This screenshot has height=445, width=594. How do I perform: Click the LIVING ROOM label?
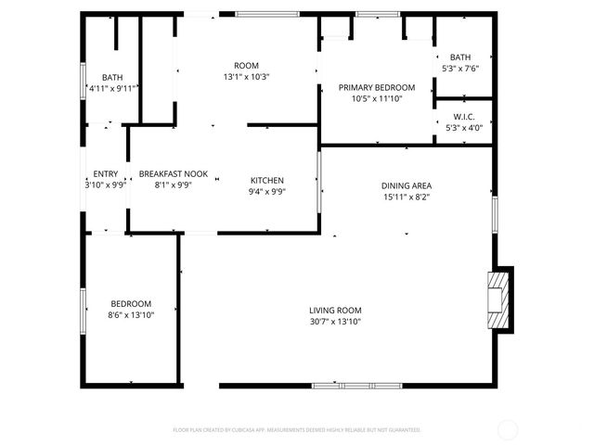click(x=335, y=311)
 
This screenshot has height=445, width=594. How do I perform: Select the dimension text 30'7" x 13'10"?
click(x=335, y=322)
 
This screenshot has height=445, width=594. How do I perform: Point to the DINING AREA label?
click(x=407, y=184)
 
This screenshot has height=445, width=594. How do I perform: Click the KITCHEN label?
click(x=267, y=180)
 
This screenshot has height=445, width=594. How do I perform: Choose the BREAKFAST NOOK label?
click(x=174, y=173)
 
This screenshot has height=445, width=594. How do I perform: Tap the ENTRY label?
click(x=106, y=173)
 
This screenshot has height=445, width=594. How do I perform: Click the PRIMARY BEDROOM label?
click(x=376, y=88)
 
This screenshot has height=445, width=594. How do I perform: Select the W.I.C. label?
click(x=464, y=117)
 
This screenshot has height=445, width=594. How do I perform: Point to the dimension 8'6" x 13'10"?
click(x=131, y=315)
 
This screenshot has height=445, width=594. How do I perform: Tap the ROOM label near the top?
click(x=246, y=65)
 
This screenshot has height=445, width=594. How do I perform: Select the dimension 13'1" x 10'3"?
click(x=246, y=77)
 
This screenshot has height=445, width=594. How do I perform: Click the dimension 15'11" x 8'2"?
click(x=407, y=197)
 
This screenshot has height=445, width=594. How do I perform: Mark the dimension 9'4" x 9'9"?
click(x=267, y=192)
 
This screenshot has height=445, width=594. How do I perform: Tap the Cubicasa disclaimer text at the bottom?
click(x=297, y=430)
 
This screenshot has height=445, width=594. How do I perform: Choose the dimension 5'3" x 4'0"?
click(x=464, y=128)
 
